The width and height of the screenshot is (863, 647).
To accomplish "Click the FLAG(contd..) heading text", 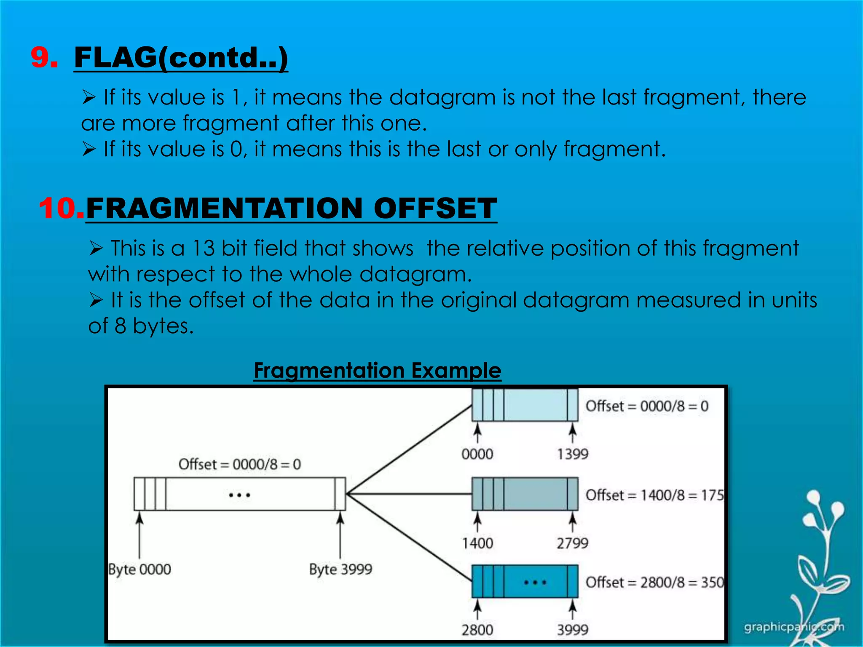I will (x=181, y=58).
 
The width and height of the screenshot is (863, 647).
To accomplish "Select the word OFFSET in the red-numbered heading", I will (x=435, y=208).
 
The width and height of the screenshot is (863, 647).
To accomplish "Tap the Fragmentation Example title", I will (x=377, y=371).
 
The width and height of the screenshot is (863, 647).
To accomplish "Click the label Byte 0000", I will (x=139, y=569).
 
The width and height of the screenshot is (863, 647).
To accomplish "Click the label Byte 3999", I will (x=340, y=569).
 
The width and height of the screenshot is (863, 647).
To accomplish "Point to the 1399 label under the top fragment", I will (x=572, y=454).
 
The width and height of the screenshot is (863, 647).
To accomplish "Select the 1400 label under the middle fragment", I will (x=477, y=543).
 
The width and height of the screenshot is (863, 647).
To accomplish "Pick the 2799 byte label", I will (x=572, y=543).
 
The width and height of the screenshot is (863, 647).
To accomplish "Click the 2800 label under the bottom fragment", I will (x=477, y=630).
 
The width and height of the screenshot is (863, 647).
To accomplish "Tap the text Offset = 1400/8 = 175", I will (x=654, y=495).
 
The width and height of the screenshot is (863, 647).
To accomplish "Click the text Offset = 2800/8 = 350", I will (x=654, y=583).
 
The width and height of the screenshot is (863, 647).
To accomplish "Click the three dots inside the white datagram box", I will (x=239, y=495).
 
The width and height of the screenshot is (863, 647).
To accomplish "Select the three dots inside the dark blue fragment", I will (x=535, y=583).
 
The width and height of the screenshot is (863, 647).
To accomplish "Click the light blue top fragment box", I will (x=535, y=405).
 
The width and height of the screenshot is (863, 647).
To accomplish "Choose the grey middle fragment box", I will (x=535, y=494).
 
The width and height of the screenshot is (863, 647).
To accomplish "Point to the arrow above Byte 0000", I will (x=139, y=535).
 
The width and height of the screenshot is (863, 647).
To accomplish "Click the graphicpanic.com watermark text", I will (x=793, y=627).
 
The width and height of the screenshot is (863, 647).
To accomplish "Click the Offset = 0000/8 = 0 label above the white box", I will (x=239, y=465).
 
